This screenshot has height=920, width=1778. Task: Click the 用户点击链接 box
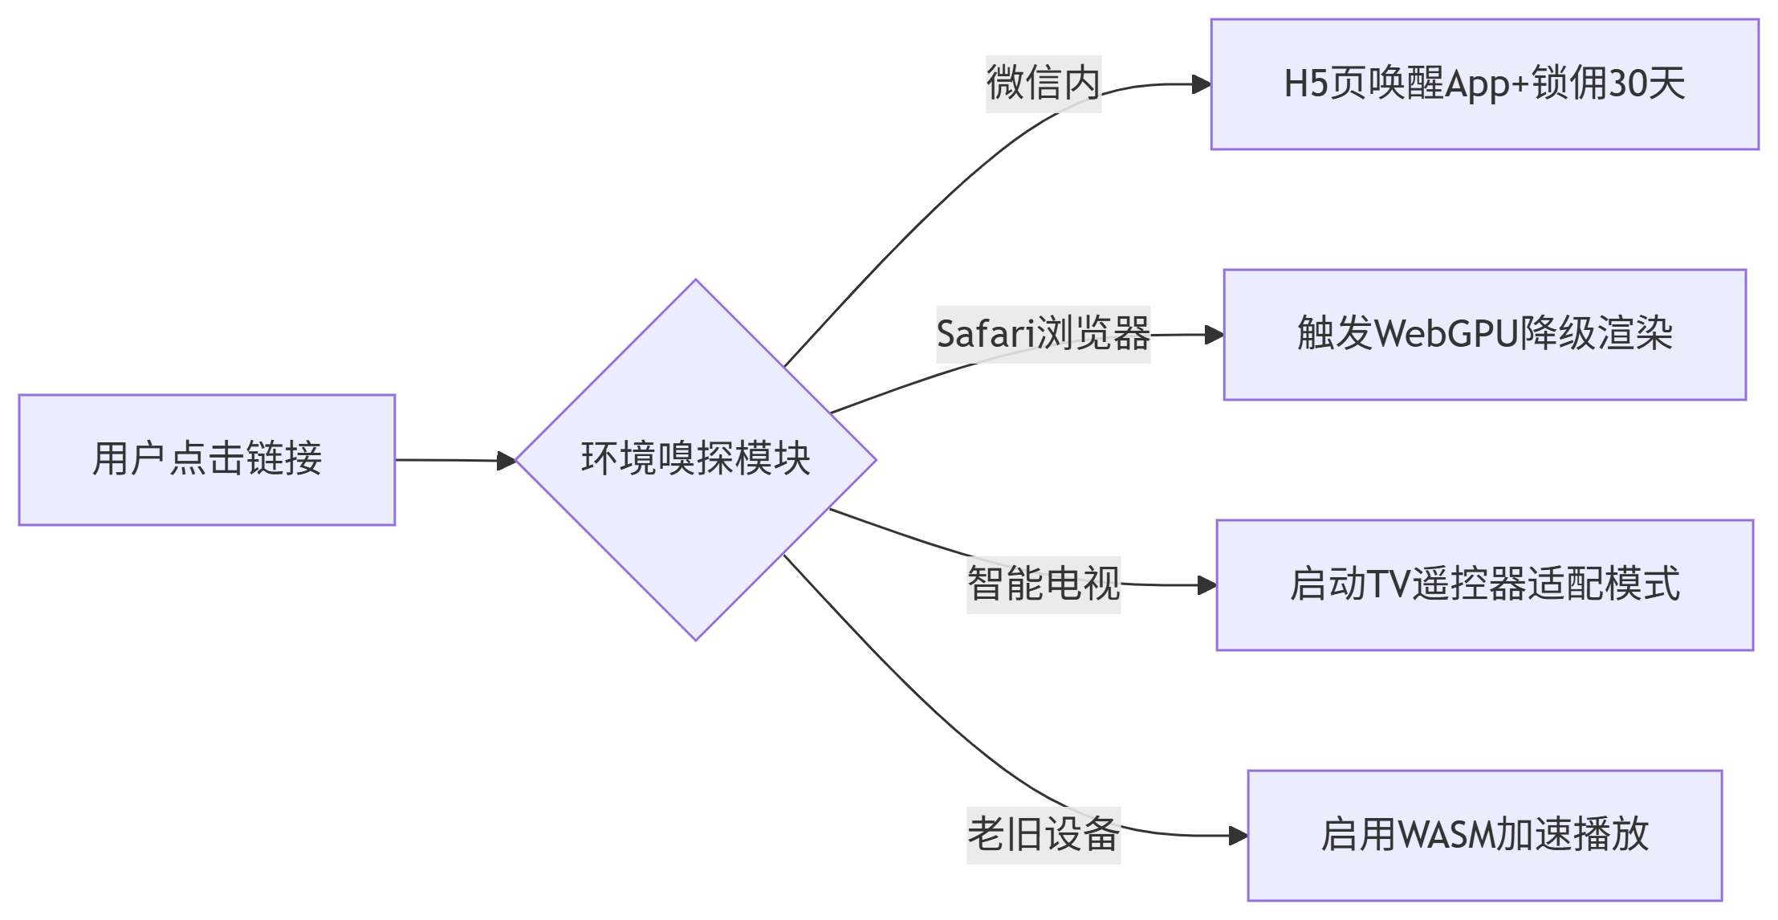coord(207,460)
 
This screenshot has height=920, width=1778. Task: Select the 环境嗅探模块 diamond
coord(695,460)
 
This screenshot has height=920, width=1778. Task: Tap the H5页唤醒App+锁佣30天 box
coord(1484,84)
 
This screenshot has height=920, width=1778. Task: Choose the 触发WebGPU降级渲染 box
coord(1484,335)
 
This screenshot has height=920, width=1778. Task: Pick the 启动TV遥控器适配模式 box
coord(1484,585)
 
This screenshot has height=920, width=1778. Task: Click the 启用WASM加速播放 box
coord(1484,836)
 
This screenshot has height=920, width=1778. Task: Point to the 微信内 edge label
coord(1043,84)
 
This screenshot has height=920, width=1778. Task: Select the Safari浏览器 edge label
coord(1043,335)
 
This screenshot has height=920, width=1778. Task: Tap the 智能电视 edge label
coord(1043,585)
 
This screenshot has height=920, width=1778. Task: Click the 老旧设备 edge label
coord(1043,836)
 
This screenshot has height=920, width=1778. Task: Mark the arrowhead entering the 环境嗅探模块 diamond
coord(507,461)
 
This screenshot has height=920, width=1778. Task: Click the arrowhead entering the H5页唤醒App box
coord(1202,84)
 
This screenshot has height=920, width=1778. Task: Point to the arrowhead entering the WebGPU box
coord(1214,335)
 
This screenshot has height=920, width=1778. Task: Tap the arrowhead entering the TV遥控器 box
coord(1207,585)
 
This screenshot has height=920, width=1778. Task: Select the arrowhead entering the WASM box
coord(1239,836)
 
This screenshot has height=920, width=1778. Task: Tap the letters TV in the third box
coord(1388,585)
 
